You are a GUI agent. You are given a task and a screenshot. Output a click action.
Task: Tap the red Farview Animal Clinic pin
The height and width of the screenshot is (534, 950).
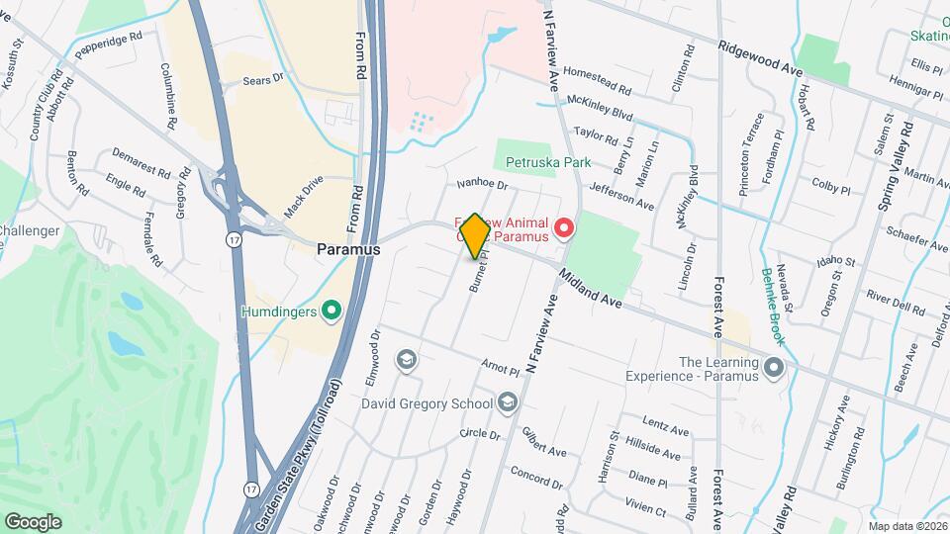click(564, 229)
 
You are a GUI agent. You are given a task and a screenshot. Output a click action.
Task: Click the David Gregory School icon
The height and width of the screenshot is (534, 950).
click(508, 401)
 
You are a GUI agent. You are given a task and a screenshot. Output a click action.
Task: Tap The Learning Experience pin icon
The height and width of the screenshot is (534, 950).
click(774, 368)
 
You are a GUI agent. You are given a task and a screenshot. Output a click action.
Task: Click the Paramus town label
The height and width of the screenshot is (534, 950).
click(348, 250)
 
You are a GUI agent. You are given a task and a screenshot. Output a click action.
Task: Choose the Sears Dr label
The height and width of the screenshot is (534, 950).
click(263, 78)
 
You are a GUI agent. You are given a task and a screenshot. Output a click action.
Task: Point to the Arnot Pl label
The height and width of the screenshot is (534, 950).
click(500, 368)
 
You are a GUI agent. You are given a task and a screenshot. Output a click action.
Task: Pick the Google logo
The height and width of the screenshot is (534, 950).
click(33, 521)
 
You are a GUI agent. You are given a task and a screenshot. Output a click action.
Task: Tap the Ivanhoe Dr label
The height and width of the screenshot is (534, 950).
click(482, 184)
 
